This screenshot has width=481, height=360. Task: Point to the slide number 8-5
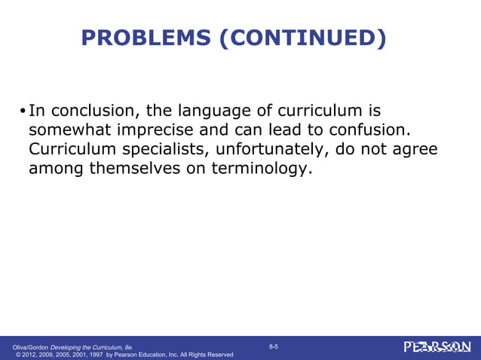[274, 346]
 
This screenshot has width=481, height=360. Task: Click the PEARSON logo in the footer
[437, 346]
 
